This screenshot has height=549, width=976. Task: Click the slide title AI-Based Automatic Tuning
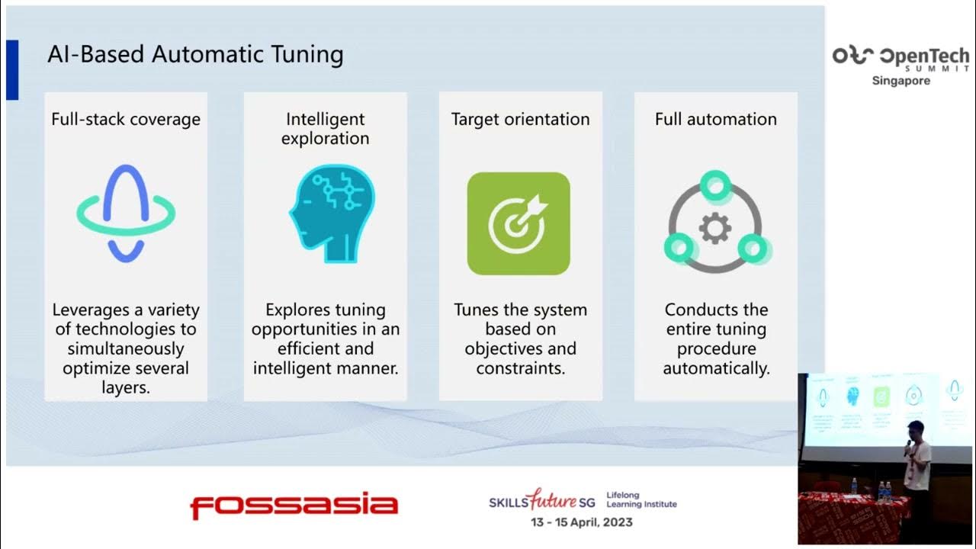pos(195,54)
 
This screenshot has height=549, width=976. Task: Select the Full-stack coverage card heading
pos(126,119)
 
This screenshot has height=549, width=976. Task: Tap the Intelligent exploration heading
pos(325,128)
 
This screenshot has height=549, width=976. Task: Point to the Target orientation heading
pos(520,119)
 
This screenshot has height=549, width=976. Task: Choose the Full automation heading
pos(715,119)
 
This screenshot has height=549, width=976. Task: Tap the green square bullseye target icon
pos(518,223)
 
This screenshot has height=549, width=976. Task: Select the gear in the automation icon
pos(715,228)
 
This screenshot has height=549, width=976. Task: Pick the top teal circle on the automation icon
pos(715,185)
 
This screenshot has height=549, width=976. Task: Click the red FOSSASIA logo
pos(294,506)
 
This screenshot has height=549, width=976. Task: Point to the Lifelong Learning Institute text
pos(640,500)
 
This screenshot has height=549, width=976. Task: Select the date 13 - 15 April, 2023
pos(582,522)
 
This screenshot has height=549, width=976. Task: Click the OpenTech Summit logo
pos(901,57)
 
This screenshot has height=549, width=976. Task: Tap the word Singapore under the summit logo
pos(901,81)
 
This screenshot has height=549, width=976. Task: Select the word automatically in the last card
pos(715,368)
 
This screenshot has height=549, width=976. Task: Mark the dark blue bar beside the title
pos(11,70)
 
